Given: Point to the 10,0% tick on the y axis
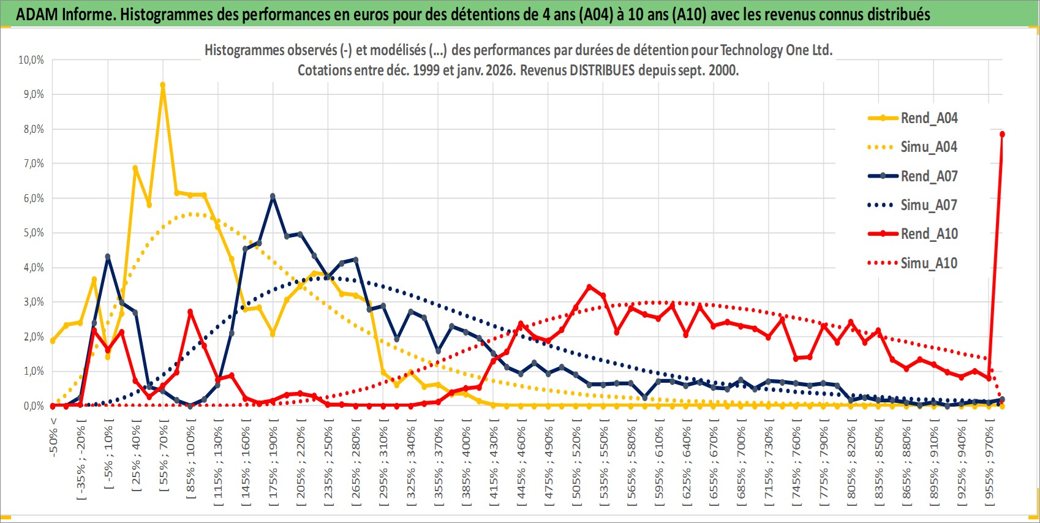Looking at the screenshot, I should click(31, 60).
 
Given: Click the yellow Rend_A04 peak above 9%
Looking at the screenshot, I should click(162, 85).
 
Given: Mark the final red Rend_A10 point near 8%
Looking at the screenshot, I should click(1002, 134).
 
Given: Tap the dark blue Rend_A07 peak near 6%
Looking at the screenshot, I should click(273, 197).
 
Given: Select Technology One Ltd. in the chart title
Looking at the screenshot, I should click(776, 50).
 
